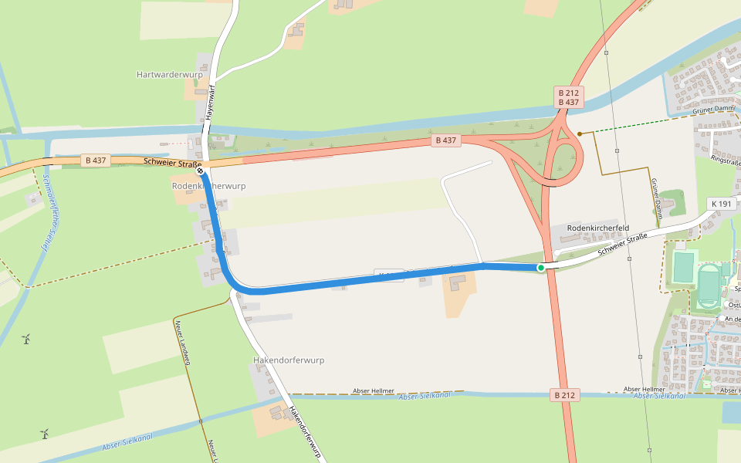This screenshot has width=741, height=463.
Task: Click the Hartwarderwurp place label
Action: click(169, 75)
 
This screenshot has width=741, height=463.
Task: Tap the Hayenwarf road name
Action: click(208, 101)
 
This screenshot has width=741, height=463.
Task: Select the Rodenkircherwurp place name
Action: click(208, 187)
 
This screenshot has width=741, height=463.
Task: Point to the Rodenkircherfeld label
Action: click(598, 228)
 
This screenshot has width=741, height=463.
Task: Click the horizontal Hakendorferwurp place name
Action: click(289, 360)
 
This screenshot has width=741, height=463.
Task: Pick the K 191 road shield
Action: click(722, 204)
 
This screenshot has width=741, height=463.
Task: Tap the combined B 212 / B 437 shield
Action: click(568, 97)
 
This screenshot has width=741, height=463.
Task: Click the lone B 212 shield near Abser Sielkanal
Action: click(564, 395)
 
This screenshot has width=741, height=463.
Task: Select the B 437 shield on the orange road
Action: click(96, 161)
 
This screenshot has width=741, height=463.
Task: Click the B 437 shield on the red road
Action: click(446, 140)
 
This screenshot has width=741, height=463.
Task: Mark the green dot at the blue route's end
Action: click(541, 268)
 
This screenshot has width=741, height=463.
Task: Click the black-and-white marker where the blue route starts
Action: click(200, 172)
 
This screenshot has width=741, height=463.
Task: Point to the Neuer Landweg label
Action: click(183, 340)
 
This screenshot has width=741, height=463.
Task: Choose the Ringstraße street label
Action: click(726, 163)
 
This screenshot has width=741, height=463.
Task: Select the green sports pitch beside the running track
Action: click(683, 268)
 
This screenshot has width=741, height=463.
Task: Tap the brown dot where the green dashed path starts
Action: click(580, 133)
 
